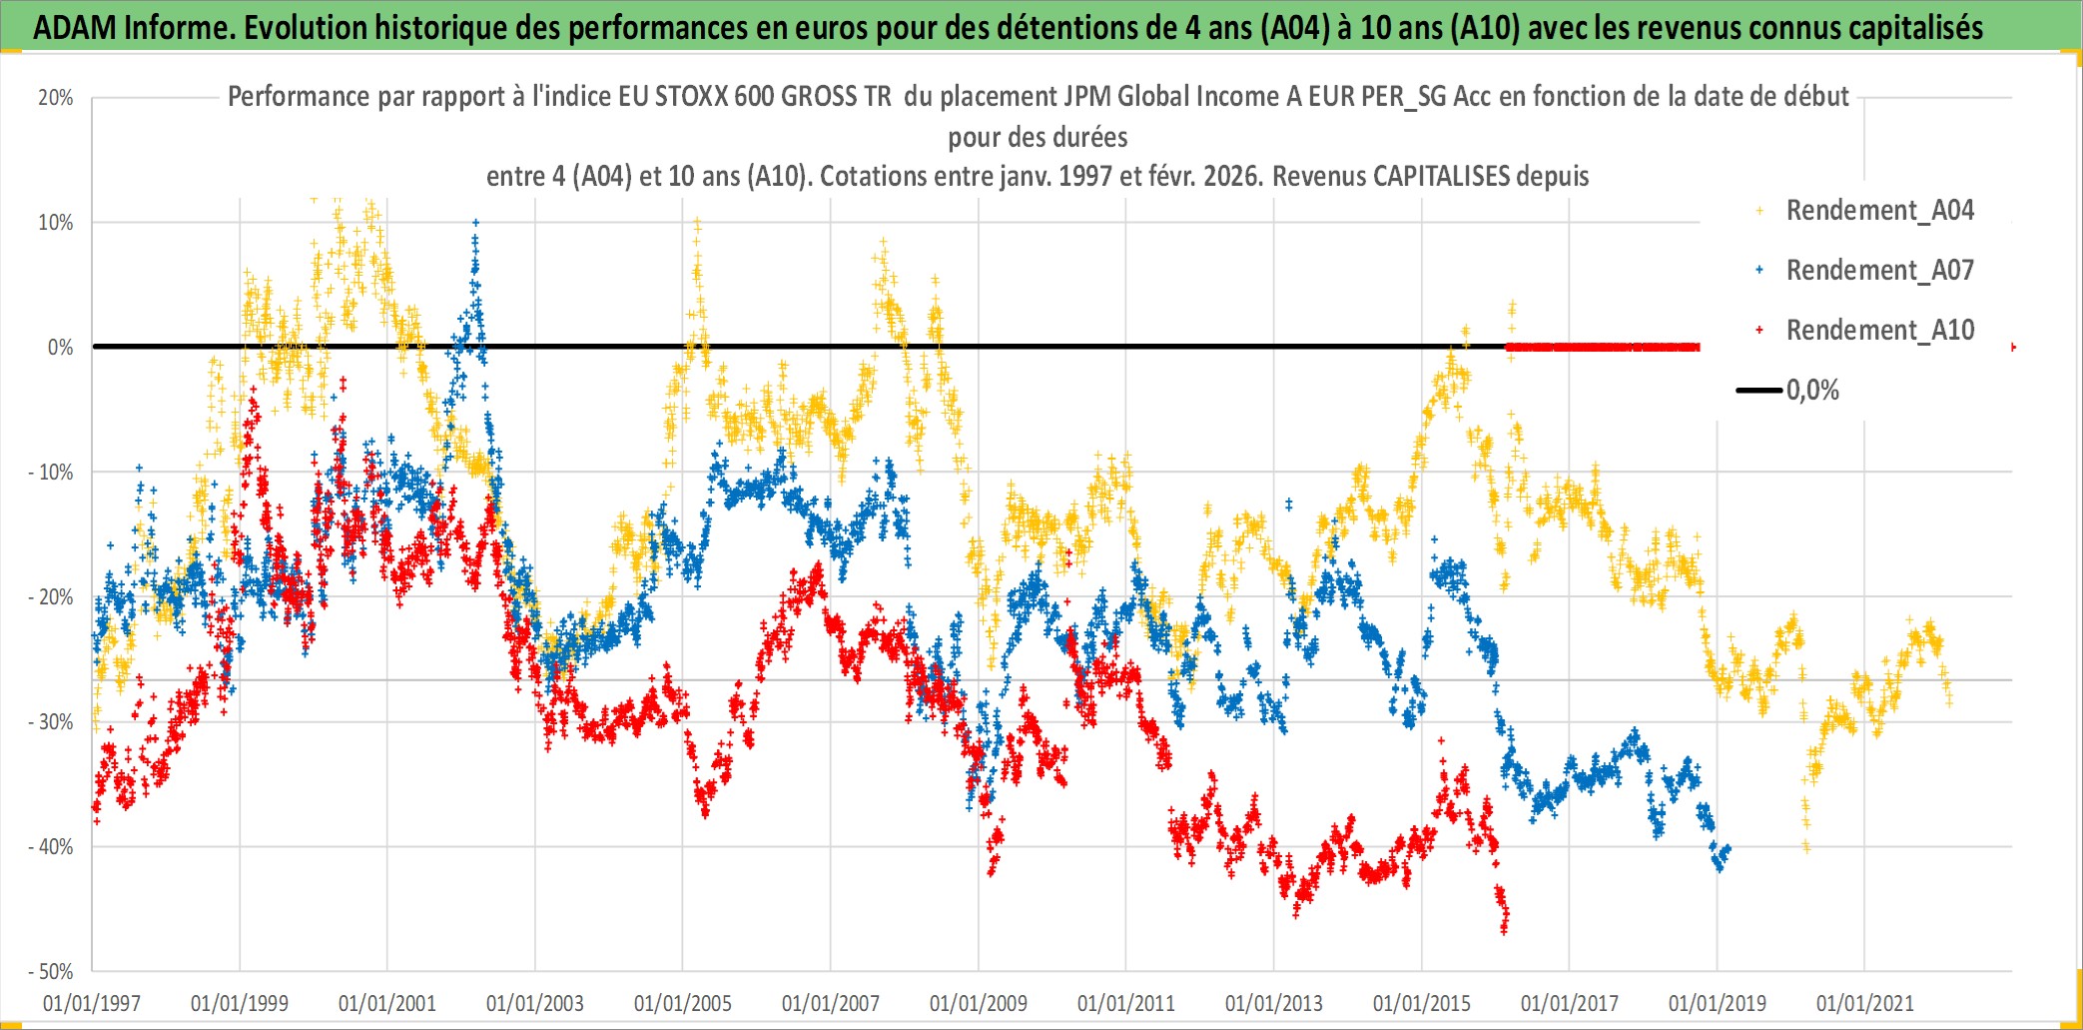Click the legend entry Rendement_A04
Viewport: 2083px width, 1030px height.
(x=1879, y=211)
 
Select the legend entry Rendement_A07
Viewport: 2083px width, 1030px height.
(x=1879, y=271)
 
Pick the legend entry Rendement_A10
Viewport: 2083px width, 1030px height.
(x=1879, y=331)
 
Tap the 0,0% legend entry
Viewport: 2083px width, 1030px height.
(x=1811, y=391)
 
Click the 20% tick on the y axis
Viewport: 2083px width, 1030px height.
(x=56, y=98)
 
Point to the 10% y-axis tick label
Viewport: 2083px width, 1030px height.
(x=56, y=223)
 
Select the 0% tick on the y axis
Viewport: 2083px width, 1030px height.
(x=60, y=348)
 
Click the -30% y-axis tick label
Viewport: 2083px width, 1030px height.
(x=51, y=722)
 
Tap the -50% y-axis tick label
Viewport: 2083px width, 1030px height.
(x=51, y=972)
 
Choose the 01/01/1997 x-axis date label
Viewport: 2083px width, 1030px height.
(x=92, y=1003)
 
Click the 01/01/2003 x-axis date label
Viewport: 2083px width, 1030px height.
(x=535, y=1003)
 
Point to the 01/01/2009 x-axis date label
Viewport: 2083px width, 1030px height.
(x=979, y=1003)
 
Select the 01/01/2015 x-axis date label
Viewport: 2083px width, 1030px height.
(x=1422, y=1003)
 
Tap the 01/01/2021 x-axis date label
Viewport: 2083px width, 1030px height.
(x=1865, y=1003)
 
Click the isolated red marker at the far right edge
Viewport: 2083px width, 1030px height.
(x=2013, y=347)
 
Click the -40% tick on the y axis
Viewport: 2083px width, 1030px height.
(x=51, y=847)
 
